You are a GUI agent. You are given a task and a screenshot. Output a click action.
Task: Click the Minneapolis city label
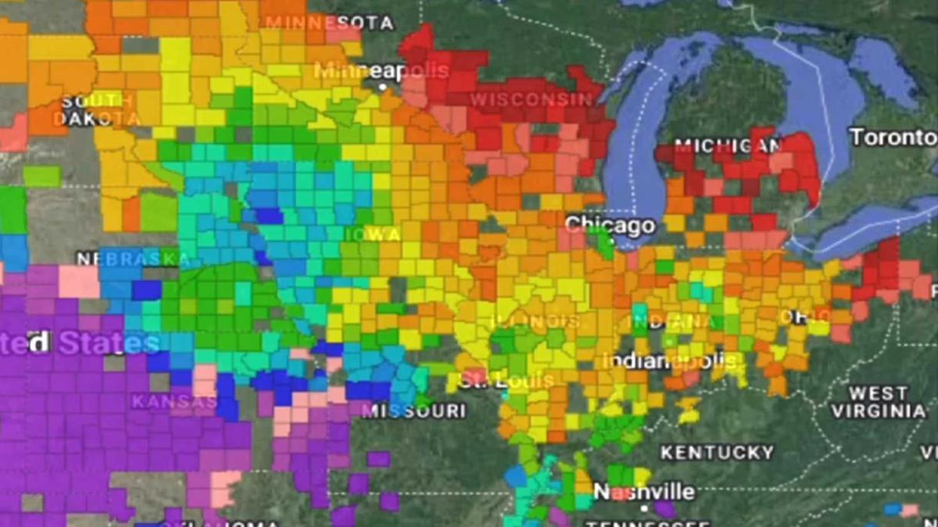click(381, 70)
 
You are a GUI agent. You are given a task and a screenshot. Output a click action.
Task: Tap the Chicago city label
click(610, 226)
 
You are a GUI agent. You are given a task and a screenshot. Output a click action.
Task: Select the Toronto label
click(893, 138)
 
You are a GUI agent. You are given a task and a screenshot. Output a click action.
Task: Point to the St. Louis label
click(507, 382)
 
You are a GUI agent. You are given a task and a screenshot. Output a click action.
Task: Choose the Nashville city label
click(644, 492)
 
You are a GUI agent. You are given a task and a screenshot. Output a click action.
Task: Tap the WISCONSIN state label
click(532, 99)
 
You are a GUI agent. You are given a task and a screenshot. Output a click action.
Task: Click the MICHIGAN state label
click(728, 146)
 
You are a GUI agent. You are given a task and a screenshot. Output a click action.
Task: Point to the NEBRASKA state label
click(127, 259)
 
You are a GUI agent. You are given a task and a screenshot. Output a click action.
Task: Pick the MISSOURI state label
click(414, 410)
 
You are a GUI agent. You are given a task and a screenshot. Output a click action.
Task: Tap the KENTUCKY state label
click(717, 453)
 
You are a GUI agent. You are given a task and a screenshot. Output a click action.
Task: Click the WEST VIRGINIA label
click(878, 402)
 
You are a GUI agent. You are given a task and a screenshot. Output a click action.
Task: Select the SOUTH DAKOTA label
click(95, 110)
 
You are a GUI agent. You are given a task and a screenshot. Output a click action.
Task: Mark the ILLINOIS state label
click(535, 321)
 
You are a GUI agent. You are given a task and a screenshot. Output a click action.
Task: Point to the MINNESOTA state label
click(329, 22)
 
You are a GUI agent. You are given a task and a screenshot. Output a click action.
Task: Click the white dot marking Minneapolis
click(383, 87)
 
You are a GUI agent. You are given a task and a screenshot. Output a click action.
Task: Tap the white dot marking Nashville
click(644, 508)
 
